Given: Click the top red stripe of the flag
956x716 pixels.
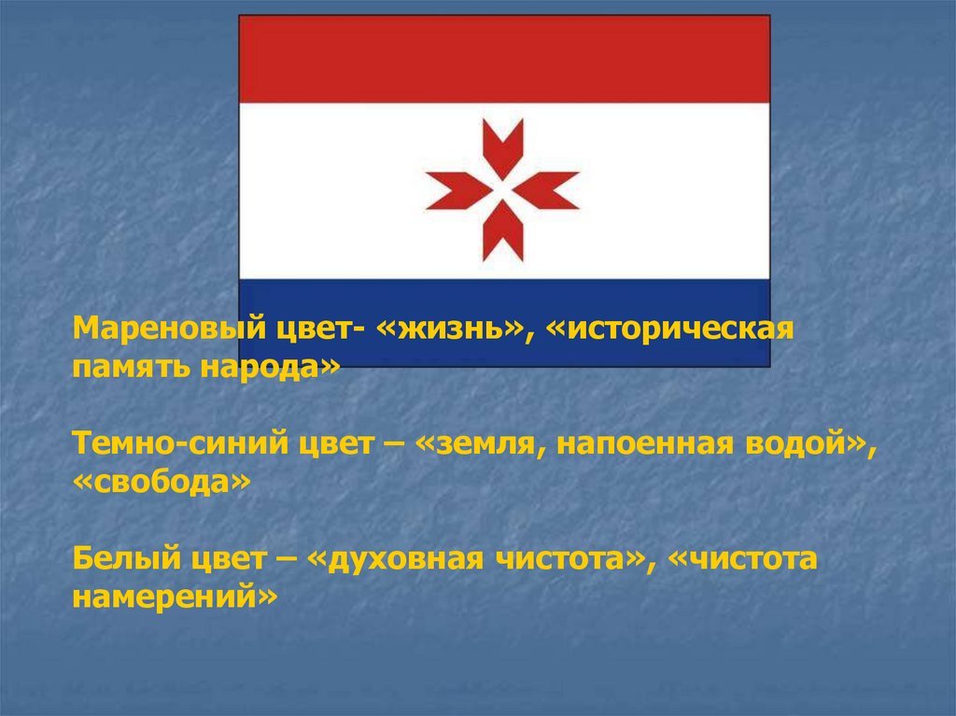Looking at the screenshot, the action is [x=504, y=59].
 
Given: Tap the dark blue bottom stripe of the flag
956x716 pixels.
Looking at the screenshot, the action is [x=504, y=323].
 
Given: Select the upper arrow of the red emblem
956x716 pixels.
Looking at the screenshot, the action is [x=503, y=149].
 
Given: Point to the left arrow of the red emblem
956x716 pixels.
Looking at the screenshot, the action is [x=459, y=190].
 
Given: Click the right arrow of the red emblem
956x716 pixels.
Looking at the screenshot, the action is [x=545, y=190].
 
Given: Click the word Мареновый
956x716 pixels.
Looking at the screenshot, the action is [x=170, y=330].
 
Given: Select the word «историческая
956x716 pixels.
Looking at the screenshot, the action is [x=668, y=330].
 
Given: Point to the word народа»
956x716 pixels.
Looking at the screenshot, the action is [x=270, y=368].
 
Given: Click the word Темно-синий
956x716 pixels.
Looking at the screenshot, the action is [x=180, y=443].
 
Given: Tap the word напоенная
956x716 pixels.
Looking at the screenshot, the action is [x=645, y=443].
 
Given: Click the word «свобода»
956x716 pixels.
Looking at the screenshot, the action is [x=162, y=482].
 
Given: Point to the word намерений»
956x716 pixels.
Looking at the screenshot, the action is [x=175, y=597].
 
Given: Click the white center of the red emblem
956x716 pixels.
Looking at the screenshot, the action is [x=503, y=190].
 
